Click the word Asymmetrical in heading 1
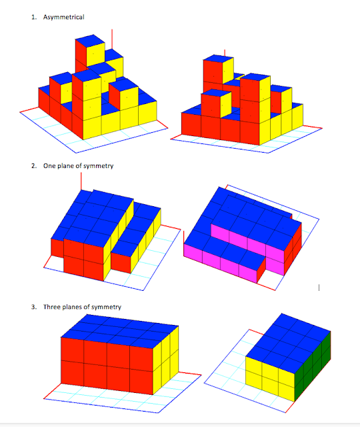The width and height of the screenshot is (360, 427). pos(64,17)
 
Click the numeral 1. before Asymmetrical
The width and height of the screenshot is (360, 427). pos(34,17)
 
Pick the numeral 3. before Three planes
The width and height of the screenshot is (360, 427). pos(34,307)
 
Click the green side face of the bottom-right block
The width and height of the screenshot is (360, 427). pos(323,363)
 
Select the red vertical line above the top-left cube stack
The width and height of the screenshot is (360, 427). pos(112,39)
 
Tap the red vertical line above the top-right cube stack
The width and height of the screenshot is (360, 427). pos(225,53)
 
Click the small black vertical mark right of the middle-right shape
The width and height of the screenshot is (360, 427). pos(319,288)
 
